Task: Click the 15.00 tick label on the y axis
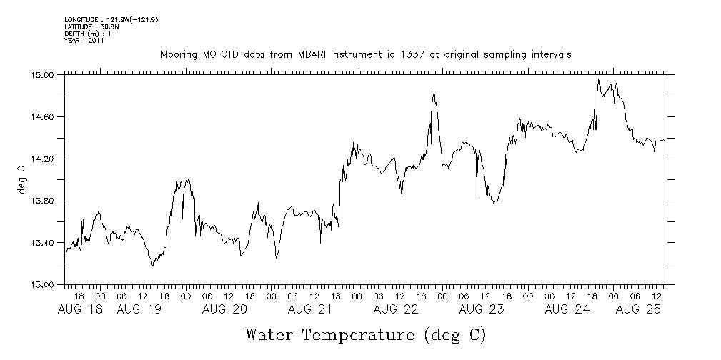click(44, 74)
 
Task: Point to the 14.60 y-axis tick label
click(44, 116)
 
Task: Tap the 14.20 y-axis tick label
click(44, 159)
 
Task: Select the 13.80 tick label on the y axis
click(44, 201)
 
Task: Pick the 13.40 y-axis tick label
click(44, 243)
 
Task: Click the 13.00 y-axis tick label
click(44, 285)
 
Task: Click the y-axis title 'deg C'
click(21, 179)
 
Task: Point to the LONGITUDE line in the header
click(111, 19)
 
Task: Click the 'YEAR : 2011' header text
click(84, 41)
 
